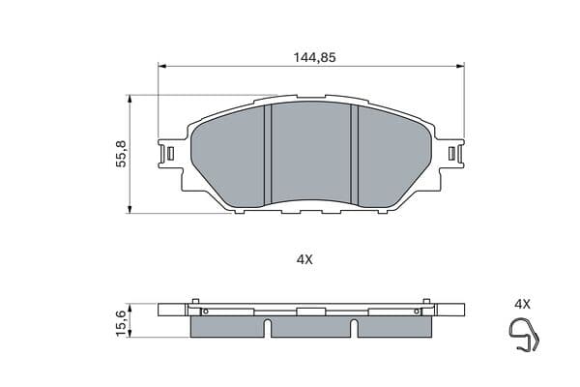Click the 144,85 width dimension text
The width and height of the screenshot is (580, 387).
(314, 57)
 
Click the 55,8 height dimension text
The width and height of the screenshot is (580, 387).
(122, 154)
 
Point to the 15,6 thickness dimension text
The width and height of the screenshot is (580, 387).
(122, 323)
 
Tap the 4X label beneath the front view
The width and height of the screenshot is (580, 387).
(304, 259)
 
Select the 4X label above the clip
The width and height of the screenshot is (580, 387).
(522, 305)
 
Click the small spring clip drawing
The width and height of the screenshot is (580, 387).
(524, 335)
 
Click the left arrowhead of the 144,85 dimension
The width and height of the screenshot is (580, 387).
(162, 67)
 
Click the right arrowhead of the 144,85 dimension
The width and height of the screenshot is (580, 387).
(460, 67)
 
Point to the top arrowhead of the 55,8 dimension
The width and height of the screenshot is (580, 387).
(130, 99)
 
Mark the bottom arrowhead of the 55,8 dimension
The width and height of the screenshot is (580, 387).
(130, 210)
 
